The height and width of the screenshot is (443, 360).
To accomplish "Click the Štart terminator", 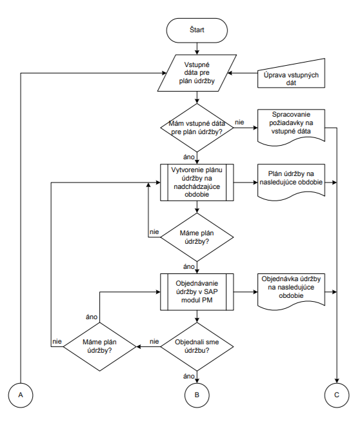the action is (x=197, y=30).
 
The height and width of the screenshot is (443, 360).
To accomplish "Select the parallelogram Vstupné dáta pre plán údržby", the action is (x=197, y=73).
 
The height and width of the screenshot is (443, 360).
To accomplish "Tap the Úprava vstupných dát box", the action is (x=291, y=75).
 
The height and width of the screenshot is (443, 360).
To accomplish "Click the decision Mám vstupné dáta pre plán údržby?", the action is (x=197, y=128).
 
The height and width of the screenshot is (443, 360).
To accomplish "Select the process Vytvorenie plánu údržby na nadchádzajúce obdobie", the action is (x=197, y=182).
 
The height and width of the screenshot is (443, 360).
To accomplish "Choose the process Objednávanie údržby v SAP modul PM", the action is (x=197, y=292).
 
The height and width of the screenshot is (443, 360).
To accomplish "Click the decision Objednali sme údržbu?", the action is (x=197, y=346).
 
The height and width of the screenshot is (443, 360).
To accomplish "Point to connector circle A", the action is (x=21, y=395).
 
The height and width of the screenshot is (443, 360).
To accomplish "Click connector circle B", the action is (x=197, y=395).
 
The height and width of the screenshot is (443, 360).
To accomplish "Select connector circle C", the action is (x=337, y=395).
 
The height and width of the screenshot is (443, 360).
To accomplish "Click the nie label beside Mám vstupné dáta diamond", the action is (x=239, y=123).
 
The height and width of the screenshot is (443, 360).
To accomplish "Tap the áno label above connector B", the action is (x=189, y=376).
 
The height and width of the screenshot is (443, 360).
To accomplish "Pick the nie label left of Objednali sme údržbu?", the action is (x=154, y=341).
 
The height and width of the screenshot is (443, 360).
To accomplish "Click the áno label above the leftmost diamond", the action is (x=92, y=317).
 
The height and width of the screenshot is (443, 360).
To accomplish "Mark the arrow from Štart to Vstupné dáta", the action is (x=197, y=48).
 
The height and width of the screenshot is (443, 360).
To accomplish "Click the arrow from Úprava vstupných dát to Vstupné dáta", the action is (x=243, y=73).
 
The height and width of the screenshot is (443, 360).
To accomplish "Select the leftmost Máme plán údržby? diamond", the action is (x=99, y=346).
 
